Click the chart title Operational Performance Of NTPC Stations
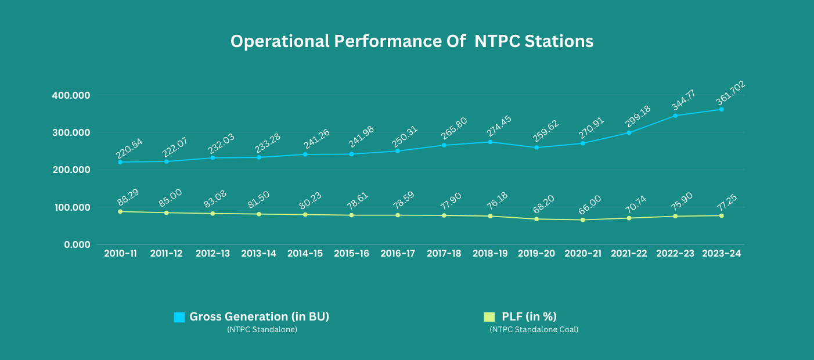[x=412, y=42]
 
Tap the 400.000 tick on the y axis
[x=70, y=95]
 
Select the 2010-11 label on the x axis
[x=120, y=254]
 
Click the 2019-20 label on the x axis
[x=536, y=254]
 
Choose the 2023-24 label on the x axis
[x=721, y=254]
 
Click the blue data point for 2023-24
[x=721, y=109]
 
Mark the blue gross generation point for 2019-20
[x=536, y=147]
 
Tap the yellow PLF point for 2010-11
[x=120, y=211]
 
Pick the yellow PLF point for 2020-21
[x=582, y=220]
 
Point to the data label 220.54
[x=129, y=149]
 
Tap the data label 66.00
[x=589, y=207]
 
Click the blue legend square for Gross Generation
[x=179, y=317]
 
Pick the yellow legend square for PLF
[x=489, y=317]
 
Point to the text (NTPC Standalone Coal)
[x=534, y=330]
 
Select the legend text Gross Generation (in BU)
[x=260, y=316]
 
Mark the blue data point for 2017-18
[x=444, y=145]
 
